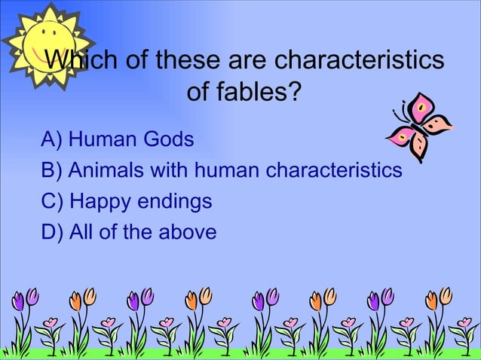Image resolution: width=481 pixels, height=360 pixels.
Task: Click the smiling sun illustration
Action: click(x=47, y=43)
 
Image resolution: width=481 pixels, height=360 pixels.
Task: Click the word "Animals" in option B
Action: click(x=107, y=171)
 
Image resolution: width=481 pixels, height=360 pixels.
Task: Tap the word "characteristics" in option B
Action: click(x=332, y=171)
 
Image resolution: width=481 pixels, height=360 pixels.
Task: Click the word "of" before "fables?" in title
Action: click(x=198, y=93)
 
